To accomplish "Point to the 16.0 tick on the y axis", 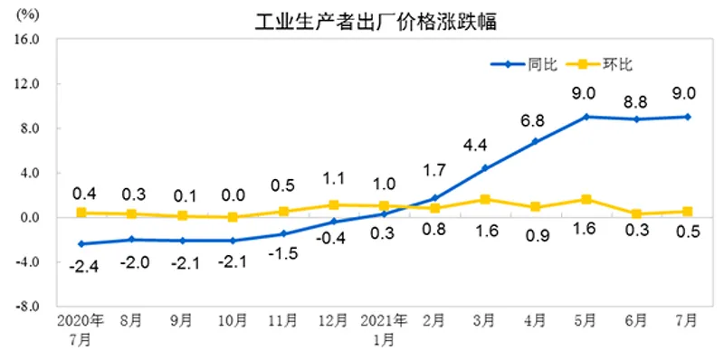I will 30,40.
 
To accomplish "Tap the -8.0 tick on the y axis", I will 30,307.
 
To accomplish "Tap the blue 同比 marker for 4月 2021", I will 535,141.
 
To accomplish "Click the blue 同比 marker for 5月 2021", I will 586,117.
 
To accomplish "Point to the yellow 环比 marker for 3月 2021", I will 485,199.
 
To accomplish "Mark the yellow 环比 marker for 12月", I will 334,204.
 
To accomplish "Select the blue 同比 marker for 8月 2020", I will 132,240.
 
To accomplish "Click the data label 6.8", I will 533,120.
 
